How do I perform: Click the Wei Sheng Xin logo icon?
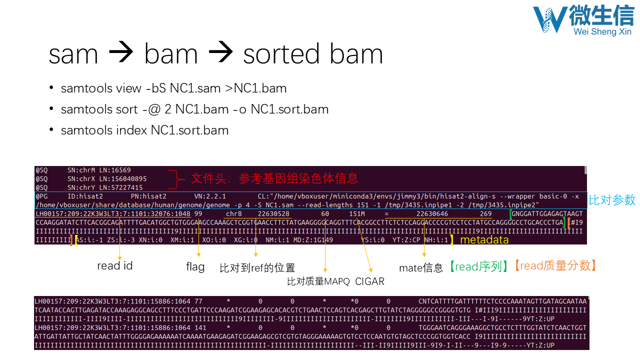pos(549,19)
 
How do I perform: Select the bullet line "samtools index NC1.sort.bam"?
pos(144,130)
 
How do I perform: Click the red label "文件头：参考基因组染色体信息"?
pos(274,178)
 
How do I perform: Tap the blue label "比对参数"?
pos(612,200)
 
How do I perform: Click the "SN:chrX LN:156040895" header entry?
pos(107,178)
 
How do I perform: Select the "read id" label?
pos(115,266)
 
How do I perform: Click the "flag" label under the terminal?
pos(195,267)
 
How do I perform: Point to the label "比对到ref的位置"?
pos(257,268)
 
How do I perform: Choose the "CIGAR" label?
pos(369,281)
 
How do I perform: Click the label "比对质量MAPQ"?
pos(318,281)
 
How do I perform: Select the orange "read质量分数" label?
pos(555,266)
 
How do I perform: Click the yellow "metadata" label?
pos(484,240)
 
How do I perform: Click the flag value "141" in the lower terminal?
pos(199,328)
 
